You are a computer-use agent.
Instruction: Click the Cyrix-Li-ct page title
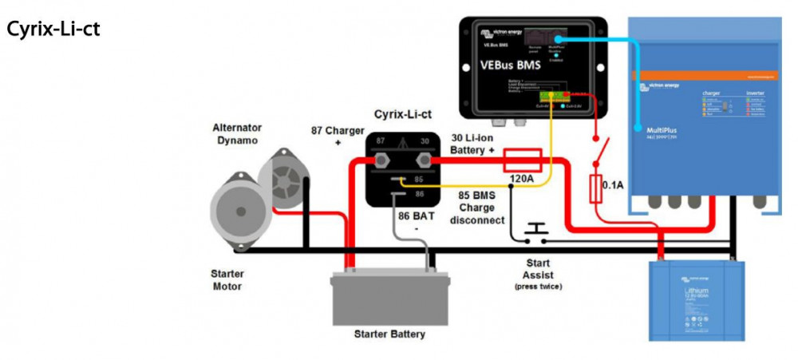click(x=53, y=30)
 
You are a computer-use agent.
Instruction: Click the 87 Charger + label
click(x=338, y=136)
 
